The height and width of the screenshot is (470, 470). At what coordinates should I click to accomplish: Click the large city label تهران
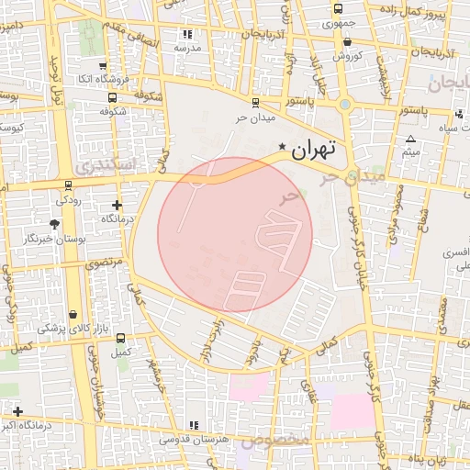pos(314,148)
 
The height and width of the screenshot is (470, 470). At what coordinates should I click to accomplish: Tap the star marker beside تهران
pos(282,148)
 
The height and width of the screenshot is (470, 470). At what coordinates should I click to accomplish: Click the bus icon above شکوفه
pos(112,96)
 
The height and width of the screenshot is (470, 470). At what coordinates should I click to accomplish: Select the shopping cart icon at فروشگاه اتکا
pos(102,66)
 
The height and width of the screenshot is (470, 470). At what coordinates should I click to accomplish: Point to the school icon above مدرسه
pos(190,35)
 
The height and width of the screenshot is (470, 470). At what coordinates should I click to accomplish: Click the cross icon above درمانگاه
pos(117,205)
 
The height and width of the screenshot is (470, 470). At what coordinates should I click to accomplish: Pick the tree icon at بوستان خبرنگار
pos(55,223)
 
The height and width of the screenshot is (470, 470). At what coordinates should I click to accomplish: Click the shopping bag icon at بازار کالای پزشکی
pos(73,314)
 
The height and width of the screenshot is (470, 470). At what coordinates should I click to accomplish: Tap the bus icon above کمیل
pos(116,338)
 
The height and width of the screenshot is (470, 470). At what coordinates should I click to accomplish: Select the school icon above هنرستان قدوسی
pos(193,425)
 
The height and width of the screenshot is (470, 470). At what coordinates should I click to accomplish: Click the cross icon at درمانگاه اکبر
pos(17,410)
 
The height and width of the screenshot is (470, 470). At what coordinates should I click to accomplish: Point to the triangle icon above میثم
pos(410,140)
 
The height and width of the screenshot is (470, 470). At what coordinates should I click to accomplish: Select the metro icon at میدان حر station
pos(254,102)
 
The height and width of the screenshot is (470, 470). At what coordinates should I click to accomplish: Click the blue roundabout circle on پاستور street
pos(344,105)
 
